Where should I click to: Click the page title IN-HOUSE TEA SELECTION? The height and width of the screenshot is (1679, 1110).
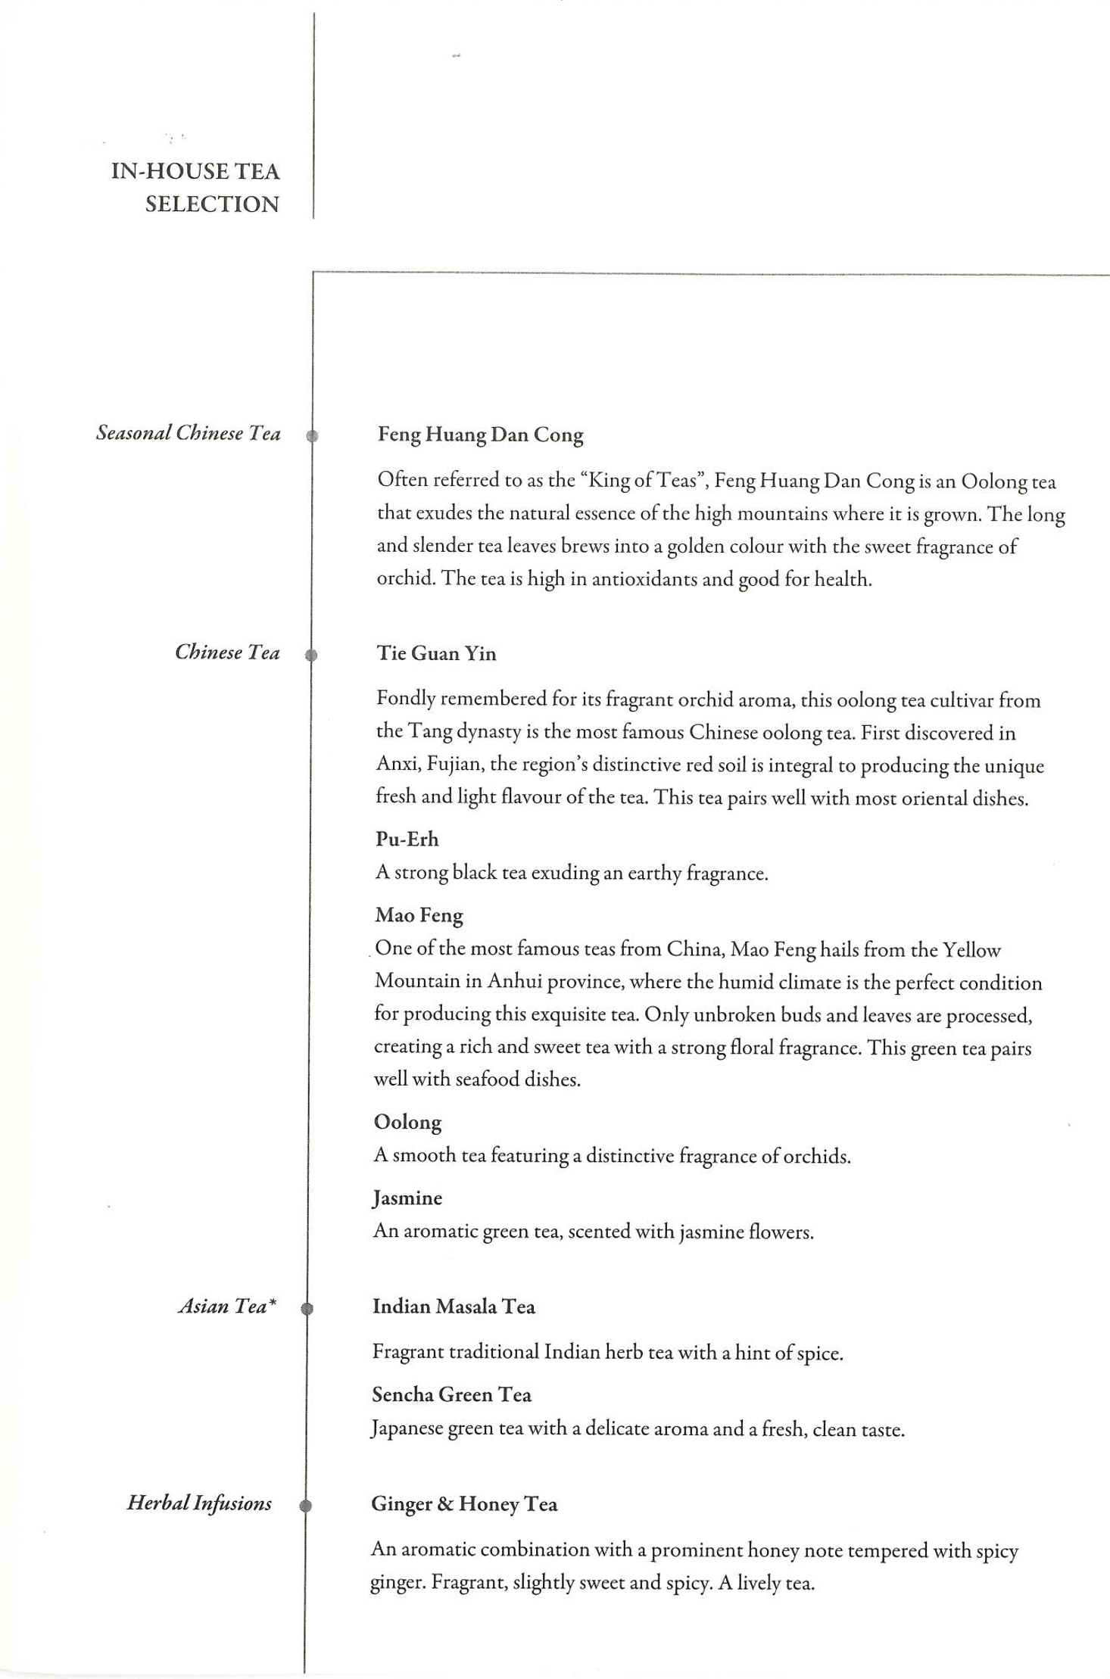pos(195,187)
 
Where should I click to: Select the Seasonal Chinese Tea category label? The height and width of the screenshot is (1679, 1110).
pos(188,433)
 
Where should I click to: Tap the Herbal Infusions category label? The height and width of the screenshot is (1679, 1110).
pos(199,1503)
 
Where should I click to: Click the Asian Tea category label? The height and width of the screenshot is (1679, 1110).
pos(227,1306)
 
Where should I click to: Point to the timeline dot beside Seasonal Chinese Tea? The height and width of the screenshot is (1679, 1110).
pos(312,436)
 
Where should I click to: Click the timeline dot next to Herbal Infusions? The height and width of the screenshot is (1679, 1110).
pos(305,1506)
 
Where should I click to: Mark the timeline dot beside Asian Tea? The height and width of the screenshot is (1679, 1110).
pos(307,1308)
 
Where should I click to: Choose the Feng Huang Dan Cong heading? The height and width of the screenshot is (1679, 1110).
pos(480,435)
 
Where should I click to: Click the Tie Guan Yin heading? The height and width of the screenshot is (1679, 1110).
pos(436,653)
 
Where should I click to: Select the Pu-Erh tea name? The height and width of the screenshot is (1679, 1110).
pos(407,839)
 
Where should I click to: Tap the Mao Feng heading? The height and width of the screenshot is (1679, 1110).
pos(419,915)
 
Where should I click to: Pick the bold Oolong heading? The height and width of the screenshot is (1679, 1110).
pos(407,1122)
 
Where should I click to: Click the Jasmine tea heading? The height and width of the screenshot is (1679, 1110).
pos(407,1198)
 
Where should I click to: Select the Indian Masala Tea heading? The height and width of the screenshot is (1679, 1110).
pos(454,1307)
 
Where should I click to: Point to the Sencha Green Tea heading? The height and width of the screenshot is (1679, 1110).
pos(451,1394)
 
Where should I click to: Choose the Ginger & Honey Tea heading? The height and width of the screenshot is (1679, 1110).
pos(464,1503)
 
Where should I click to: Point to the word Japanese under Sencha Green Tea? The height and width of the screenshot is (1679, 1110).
pos(407,1429)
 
